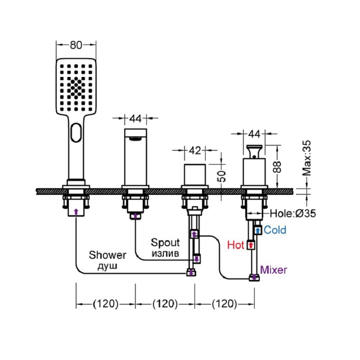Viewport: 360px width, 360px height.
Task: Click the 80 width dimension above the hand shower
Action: (x=76, y=45)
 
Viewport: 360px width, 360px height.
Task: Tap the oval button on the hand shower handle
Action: (x=76, y=133)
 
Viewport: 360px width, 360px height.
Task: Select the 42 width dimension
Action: (x=195, y=151)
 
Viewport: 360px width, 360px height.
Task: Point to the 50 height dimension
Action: (x=222, y=176)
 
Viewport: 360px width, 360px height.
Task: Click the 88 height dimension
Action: (x=277, y=167)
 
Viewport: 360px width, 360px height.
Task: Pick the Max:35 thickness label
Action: (x=306, y=158)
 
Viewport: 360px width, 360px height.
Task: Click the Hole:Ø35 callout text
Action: (x=293, y=213)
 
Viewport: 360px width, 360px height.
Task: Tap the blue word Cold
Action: (x=275, y=230)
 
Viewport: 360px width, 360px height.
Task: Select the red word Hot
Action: (x=235, y=245)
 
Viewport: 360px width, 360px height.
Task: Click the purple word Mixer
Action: (x=274, y=270)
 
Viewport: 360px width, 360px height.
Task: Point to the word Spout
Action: (x=165, y=243)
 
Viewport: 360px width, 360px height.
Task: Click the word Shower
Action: (x=108, y=255)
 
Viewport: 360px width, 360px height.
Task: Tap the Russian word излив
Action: (x=165, y=254)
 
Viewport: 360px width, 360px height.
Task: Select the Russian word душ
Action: (x=108, y=266)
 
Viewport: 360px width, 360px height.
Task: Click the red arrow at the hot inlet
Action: (x=251, y=245)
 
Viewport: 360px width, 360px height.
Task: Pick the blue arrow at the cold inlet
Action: (x=258, y=230)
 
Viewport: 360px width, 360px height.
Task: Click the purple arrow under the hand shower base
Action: (x=76, y=211)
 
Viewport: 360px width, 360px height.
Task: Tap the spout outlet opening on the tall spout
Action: (x=135, y=139)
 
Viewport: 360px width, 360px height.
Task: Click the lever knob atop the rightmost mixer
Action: (x=254, y=152)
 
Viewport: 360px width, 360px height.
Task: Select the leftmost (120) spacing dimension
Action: (x=106, y=304)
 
